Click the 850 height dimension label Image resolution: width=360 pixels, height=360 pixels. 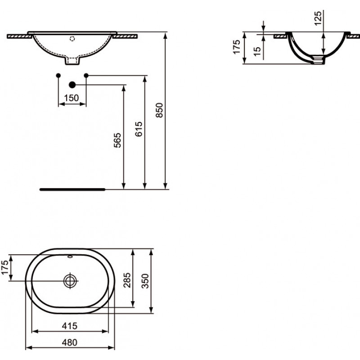(x=159, y=110)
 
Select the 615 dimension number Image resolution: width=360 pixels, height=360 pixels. (x=139, y=129)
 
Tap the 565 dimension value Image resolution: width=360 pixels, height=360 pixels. (x=117, y=140)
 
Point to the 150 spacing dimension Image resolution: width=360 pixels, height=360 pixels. (x=72, y=98)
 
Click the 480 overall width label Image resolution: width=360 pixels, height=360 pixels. (x=70, y=342)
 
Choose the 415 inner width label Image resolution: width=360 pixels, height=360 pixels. (x=70, y=326)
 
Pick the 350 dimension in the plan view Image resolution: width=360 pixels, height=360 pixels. (x=145, y=281)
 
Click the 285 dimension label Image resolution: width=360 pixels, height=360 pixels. (x=127, y=280)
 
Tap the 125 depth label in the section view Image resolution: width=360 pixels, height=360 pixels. (x=318, y=18)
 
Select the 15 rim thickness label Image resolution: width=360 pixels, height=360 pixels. (x=257, y=51)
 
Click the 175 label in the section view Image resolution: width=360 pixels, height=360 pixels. (x=237, y=47)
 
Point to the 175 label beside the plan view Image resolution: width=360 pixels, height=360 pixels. (x=4, y=267)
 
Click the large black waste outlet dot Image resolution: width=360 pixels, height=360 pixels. (x=72, y=85)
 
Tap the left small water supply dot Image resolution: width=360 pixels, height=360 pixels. (x=58, y=75)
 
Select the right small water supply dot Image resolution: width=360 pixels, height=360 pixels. (x=86, y=75)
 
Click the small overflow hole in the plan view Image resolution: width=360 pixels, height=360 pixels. (x=70, y=256)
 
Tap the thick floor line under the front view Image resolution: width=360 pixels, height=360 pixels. (x=72, y=189)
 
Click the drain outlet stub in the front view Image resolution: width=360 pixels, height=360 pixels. (x=72, y=60)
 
